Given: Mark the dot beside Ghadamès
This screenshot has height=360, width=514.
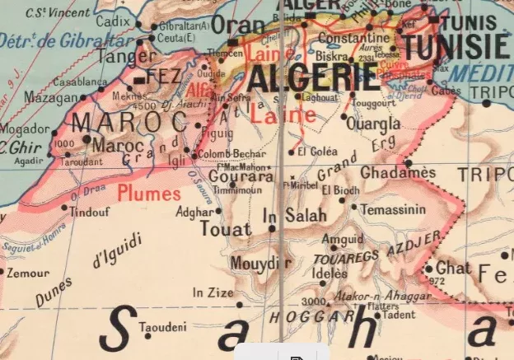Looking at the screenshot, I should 409,163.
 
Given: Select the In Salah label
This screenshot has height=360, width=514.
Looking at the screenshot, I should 294,216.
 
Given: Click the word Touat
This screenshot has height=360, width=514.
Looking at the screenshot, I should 225,230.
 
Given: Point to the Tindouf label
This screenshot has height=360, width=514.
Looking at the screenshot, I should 89,212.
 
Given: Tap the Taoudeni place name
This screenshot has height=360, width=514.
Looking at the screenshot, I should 170,327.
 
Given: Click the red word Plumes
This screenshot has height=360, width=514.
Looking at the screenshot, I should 148,194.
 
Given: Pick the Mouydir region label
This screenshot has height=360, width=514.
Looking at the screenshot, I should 261,263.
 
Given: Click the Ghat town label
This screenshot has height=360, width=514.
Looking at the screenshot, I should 454,269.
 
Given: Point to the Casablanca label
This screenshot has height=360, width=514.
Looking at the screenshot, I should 79,82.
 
